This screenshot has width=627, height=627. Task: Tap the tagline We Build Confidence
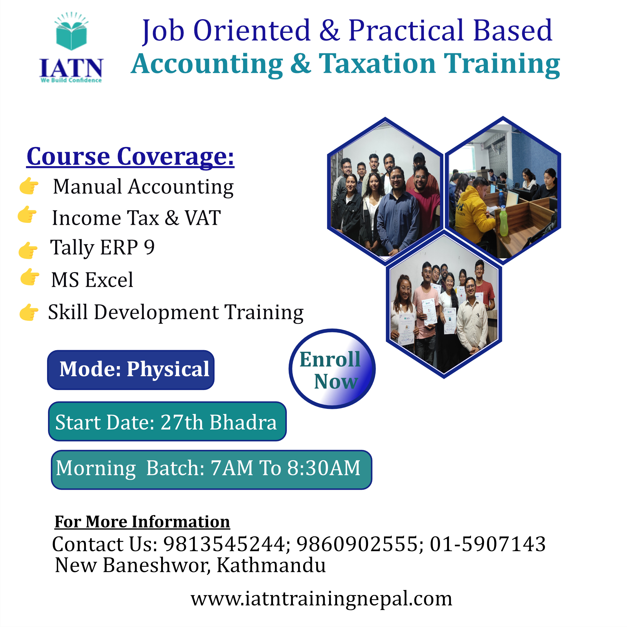(71, 80)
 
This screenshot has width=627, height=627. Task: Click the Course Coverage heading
(130, 157)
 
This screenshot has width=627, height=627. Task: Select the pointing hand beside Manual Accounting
(29, 186)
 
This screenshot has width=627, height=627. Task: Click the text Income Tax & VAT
(136, 218)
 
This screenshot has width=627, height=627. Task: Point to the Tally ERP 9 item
(102, 248)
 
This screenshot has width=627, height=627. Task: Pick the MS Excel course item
(92, 280)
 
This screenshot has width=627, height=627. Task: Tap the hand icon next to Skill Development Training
(29, 312)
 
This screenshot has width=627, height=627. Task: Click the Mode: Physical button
(131, 370)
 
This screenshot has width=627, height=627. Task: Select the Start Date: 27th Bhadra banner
(167, 421)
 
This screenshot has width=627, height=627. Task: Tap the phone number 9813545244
(224, 544)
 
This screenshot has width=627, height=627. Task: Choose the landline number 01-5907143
(488, 544)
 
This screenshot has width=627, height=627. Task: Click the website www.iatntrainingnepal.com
(321, 599)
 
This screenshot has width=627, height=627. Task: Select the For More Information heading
(142, 522)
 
